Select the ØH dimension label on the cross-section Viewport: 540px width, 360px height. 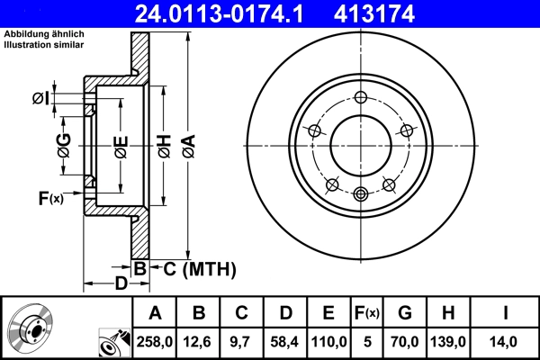[x=164, y=144]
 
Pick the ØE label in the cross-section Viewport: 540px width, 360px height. [x=120, y=144]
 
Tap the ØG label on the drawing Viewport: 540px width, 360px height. [x=64, y=144]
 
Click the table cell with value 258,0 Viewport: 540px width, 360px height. [x=155, y=342]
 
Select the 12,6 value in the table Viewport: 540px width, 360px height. [x=199, y=342]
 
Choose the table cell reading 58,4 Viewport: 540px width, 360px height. [x=285, y=342]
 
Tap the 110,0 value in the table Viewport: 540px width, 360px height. [x=328, y=342]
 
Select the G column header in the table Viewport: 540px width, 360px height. [x=405, y=313]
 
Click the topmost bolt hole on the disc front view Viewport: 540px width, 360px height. [x=361, y=98]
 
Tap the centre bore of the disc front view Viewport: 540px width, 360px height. [x=361, y=146]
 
